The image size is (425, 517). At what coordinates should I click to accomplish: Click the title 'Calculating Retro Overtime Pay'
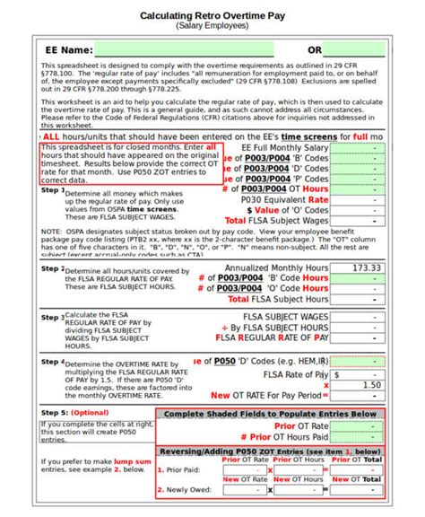click(212, 16)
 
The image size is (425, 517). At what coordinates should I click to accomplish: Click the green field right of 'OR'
click(359, 50)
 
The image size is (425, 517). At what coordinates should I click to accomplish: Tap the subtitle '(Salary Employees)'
click(212, 27)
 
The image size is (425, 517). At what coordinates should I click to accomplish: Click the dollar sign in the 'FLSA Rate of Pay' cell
click(336, 373)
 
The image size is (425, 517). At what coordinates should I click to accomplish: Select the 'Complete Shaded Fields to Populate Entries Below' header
click(270, 414)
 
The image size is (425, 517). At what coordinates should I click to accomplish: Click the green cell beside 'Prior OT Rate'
click(357, 425)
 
